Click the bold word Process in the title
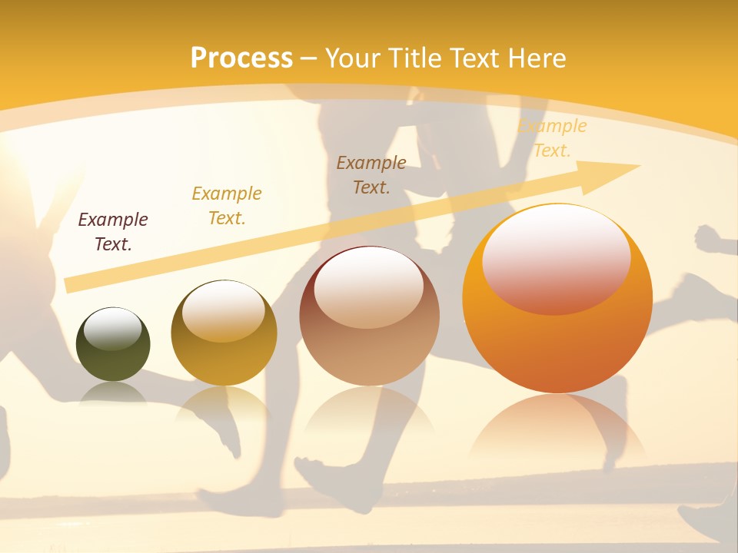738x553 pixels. (241, 58)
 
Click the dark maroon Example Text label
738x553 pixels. (113, 232)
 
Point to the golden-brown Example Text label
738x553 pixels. (227, 206)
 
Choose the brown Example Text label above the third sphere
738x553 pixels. (371, 175)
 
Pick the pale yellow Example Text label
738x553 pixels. (552, 138)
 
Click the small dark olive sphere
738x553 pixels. (113, 346)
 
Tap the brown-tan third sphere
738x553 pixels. (369, 323)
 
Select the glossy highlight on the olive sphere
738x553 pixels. (112, 329)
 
